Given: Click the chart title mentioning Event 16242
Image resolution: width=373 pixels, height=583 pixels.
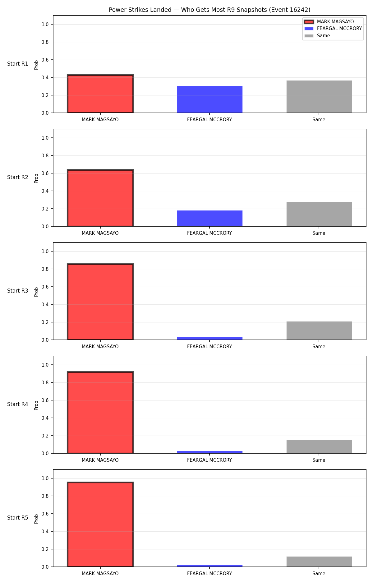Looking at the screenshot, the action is [x=210, y=10].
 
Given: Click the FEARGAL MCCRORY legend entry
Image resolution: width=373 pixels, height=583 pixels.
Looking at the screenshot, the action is [x=333, y=29].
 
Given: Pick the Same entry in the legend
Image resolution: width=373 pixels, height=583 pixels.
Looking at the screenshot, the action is [x=317, y=36].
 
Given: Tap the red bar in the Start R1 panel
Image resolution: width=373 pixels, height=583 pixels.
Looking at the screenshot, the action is [x=100, y=94].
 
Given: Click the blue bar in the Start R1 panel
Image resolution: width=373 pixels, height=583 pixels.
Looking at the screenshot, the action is [x=210, y=99].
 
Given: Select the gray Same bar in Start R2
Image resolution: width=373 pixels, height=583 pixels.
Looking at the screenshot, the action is [x=319, y=214].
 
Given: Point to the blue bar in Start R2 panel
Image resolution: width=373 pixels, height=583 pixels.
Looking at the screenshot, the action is [x=210, y=219].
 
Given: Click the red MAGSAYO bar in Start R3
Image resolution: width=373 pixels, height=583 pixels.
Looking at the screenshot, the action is [x=100, y=302].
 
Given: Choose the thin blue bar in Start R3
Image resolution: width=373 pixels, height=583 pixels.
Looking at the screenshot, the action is [x=210, y=338].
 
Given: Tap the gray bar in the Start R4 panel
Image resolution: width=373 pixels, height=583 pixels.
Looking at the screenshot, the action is [x=319, y=447].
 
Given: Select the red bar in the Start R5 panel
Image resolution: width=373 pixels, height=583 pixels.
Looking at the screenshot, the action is [x=100, y=525].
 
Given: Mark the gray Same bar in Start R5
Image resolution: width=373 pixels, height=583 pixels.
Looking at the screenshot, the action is [x=319, y=562].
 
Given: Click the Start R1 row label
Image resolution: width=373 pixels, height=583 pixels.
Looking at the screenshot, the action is [x=18, y=64].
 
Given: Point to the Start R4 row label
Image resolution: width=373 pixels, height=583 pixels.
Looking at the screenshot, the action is [x=18, y=404].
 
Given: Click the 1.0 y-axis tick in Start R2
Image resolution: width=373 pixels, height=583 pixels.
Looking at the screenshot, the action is [x=45, y=138].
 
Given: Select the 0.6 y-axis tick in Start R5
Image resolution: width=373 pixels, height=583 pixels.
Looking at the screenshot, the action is [x=45, y=514].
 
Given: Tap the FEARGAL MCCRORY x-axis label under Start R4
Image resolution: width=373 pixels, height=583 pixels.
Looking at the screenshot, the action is [x=210, y=460].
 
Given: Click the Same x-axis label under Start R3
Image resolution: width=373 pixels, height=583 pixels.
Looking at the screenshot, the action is [x=319, y=347].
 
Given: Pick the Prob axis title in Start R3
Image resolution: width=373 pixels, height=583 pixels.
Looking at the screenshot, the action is [x=36, y=292].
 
